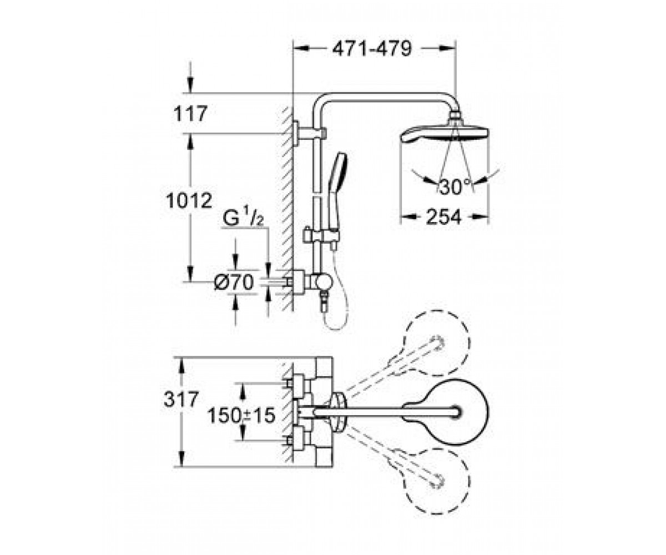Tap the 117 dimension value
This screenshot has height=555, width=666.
(190, 113)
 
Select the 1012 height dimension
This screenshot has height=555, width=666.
(189, 200)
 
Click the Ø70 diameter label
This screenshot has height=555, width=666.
(234, 282)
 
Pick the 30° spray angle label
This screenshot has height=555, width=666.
(455, 186)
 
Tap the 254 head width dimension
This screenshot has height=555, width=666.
(443, 216)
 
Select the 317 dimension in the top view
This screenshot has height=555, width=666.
(181, 399)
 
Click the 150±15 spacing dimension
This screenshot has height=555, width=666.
(241, 415)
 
